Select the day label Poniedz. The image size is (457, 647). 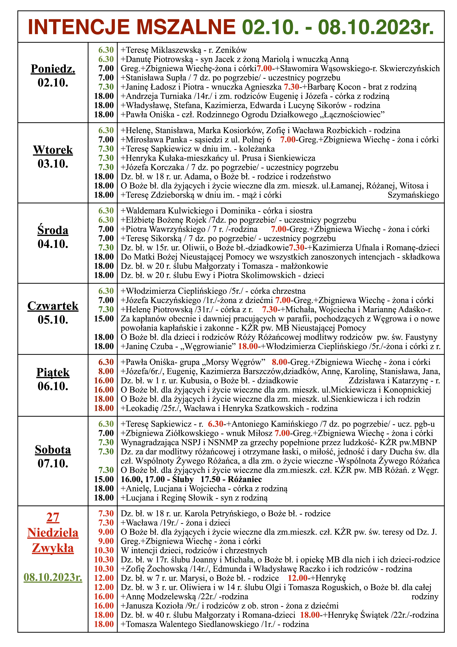coord(53,69)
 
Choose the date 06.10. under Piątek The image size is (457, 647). coord(53,386)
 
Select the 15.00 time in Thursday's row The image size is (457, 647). coord(104,319)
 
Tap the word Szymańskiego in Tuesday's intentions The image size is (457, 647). coord(413,195)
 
